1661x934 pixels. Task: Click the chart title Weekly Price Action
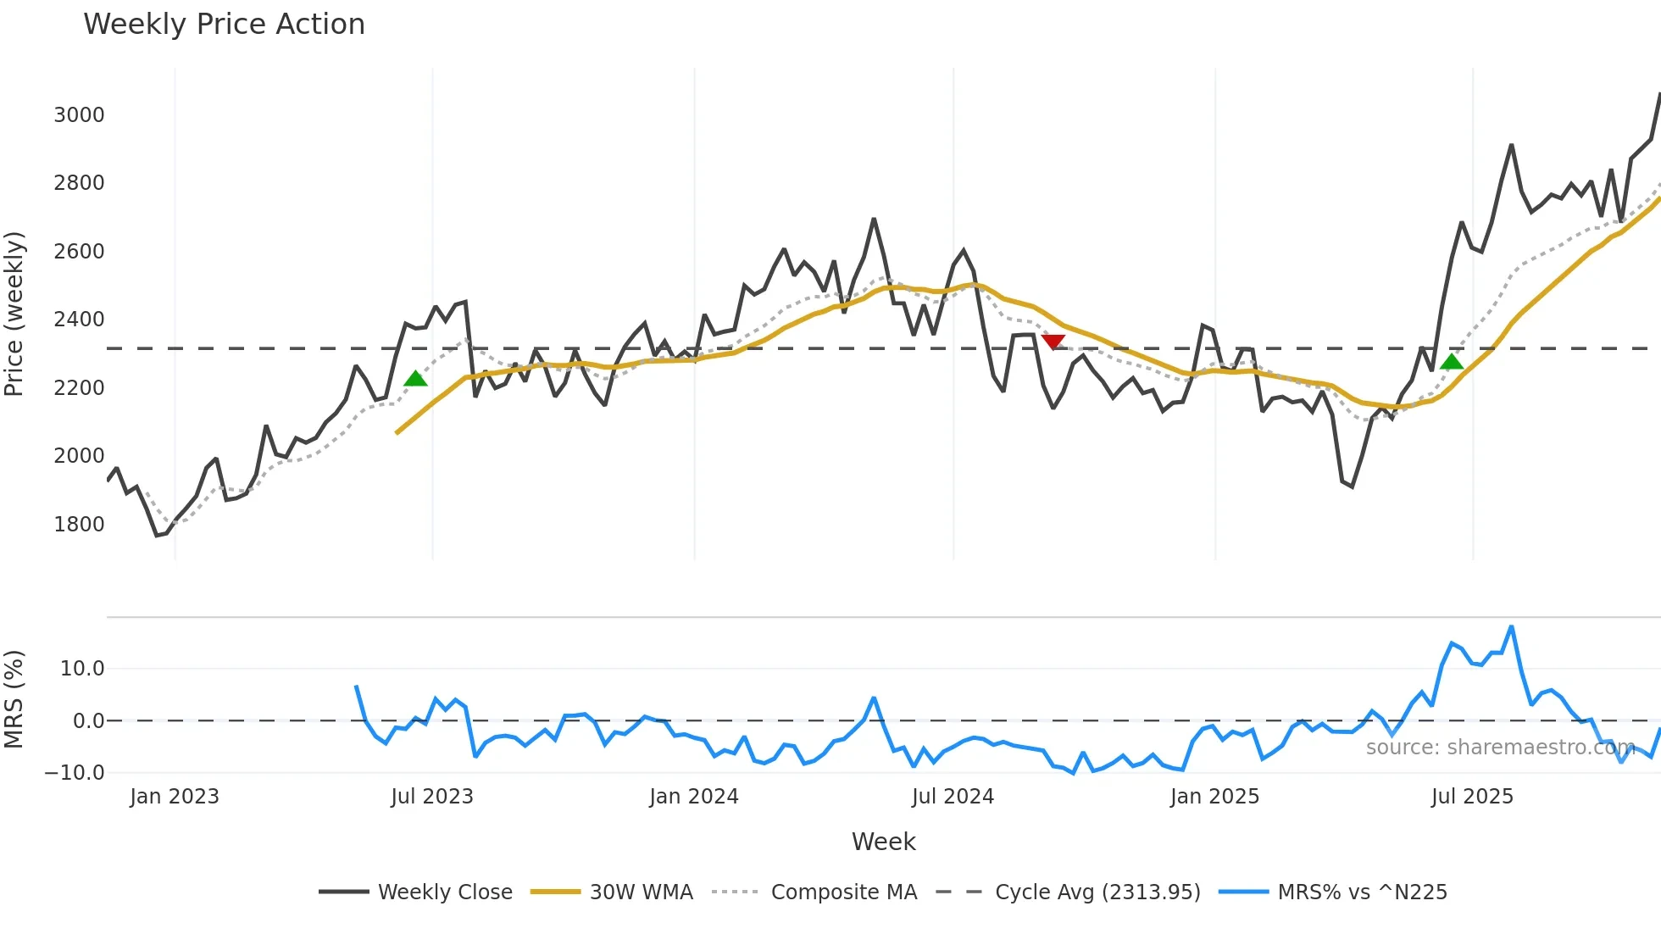click(x=224, y=25)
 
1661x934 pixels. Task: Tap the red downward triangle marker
click(x=1053, y=342)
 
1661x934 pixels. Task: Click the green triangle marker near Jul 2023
click(x=415, y=379)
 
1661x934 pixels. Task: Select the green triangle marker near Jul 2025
click(x=1452, y=362)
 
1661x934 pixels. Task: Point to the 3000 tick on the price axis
click(x=79, y=115)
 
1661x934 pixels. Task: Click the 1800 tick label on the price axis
click(x=79, y=525)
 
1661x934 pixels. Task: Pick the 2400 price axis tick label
click(x=79, y=320)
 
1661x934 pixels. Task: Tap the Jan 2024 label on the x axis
click(x=693, y=797)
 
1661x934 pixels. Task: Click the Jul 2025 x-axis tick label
click(x=1471, y=797)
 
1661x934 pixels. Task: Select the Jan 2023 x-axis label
click(x=174, y=797)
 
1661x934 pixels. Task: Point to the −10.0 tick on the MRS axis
click(x=75, y=773)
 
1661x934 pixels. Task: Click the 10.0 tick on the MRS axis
click(x=81, y=669)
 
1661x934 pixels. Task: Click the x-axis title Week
click(x=883, y=842)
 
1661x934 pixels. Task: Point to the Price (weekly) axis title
click(x=14, y=314)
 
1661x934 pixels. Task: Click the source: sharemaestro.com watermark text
click(x=1500, y=748)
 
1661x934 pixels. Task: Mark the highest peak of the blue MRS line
click(x=1511, y=627)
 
